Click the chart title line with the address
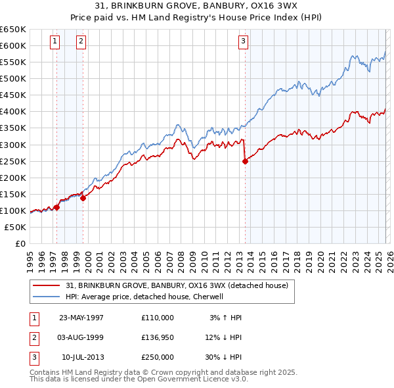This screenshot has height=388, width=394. click(x=197, y=7)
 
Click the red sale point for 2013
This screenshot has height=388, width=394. click(x=245, y=160)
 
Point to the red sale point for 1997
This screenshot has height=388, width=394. click(x=57, y=207)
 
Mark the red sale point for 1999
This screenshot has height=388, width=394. click(x=83, y=198)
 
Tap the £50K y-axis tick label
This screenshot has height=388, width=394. click(x=16, y=227)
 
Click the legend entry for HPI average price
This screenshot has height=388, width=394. click(x=144, y=297)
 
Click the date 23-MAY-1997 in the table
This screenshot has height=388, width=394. click(x=81, y=318)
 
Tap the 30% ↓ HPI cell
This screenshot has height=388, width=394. click(x=225, y=357)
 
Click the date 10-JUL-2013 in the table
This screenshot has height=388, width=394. click(x=81, y=357)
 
